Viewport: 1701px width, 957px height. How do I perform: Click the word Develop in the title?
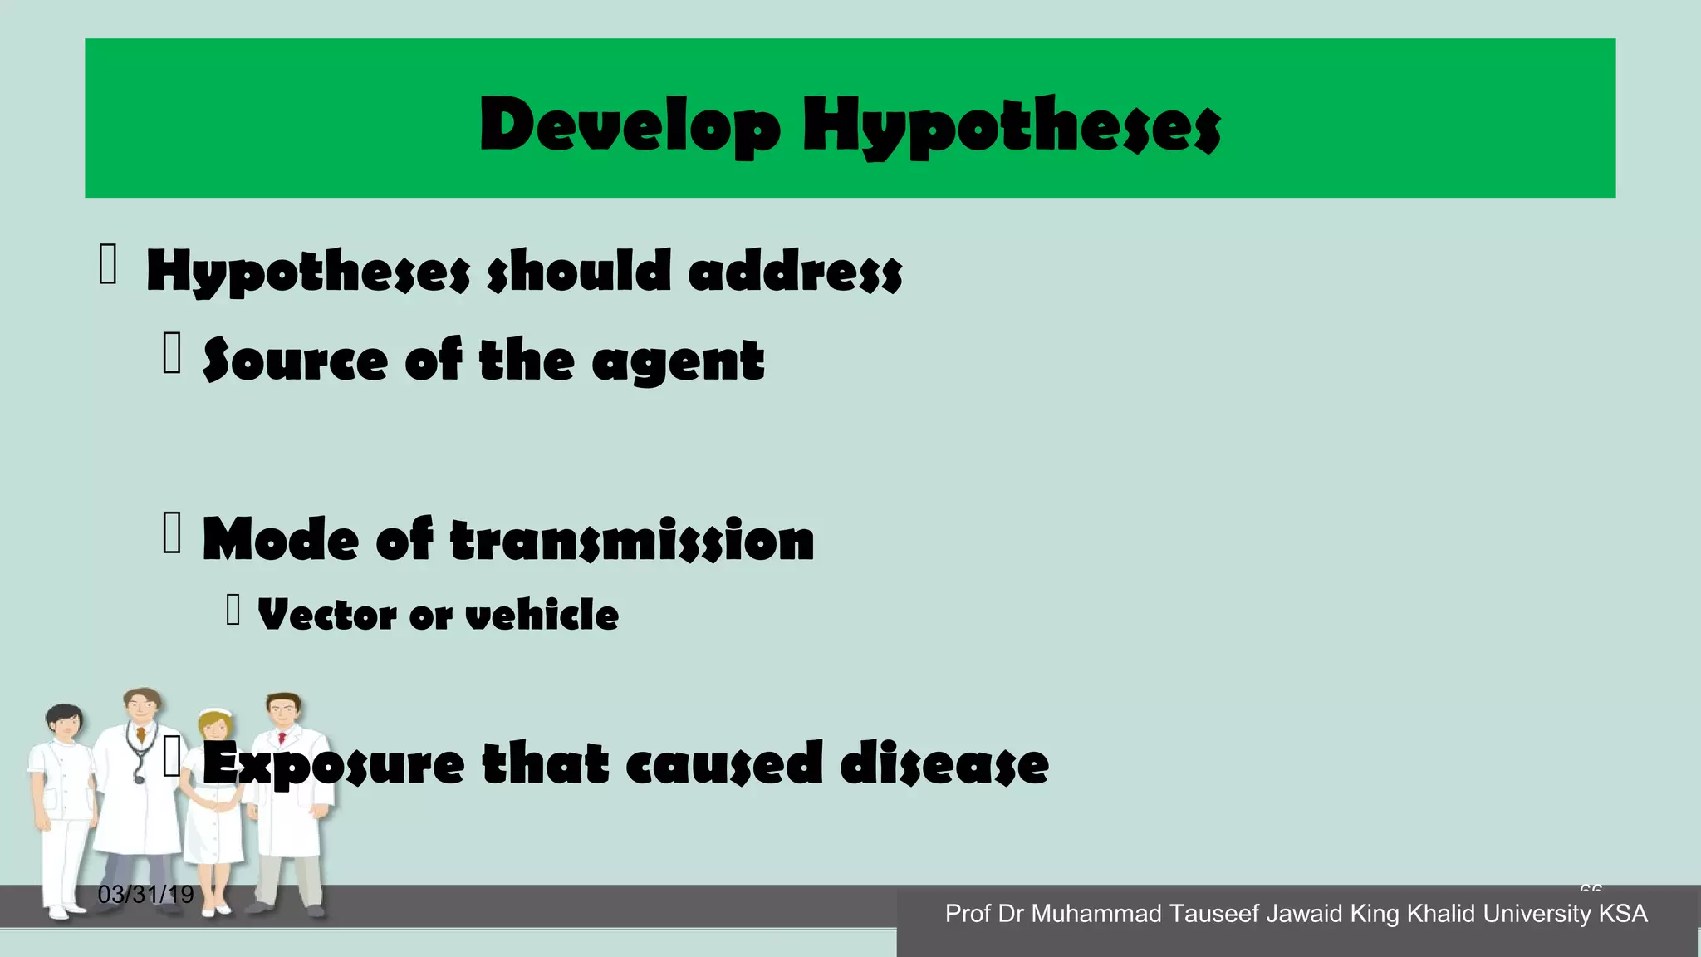click(630, 125)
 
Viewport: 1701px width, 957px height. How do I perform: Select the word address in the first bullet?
click(795, 271)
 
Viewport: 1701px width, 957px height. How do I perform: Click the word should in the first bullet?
click(578, 271)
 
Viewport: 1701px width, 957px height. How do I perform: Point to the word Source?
click(295, 361)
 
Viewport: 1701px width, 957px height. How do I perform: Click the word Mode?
click(281, 540)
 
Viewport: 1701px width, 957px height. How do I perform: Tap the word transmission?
click(632, 540)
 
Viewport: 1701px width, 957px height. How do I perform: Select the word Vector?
click(327, 615)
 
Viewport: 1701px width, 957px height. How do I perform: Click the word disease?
click(944, 763)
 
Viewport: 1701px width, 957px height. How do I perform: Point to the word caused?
click(723, 763)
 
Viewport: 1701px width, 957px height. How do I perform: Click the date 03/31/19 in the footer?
click(145, 895)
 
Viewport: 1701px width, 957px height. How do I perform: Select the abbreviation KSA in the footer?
click(1623, 914)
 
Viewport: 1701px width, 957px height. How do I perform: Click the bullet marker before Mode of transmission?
click(172, 532)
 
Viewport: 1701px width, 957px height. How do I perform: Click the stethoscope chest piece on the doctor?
click(139, 778)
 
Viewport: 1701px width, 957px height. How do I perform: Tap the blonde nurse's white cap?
click(215, 712)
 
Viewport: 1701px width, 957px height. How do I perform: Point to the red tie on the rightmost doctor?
click(282, 738)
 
